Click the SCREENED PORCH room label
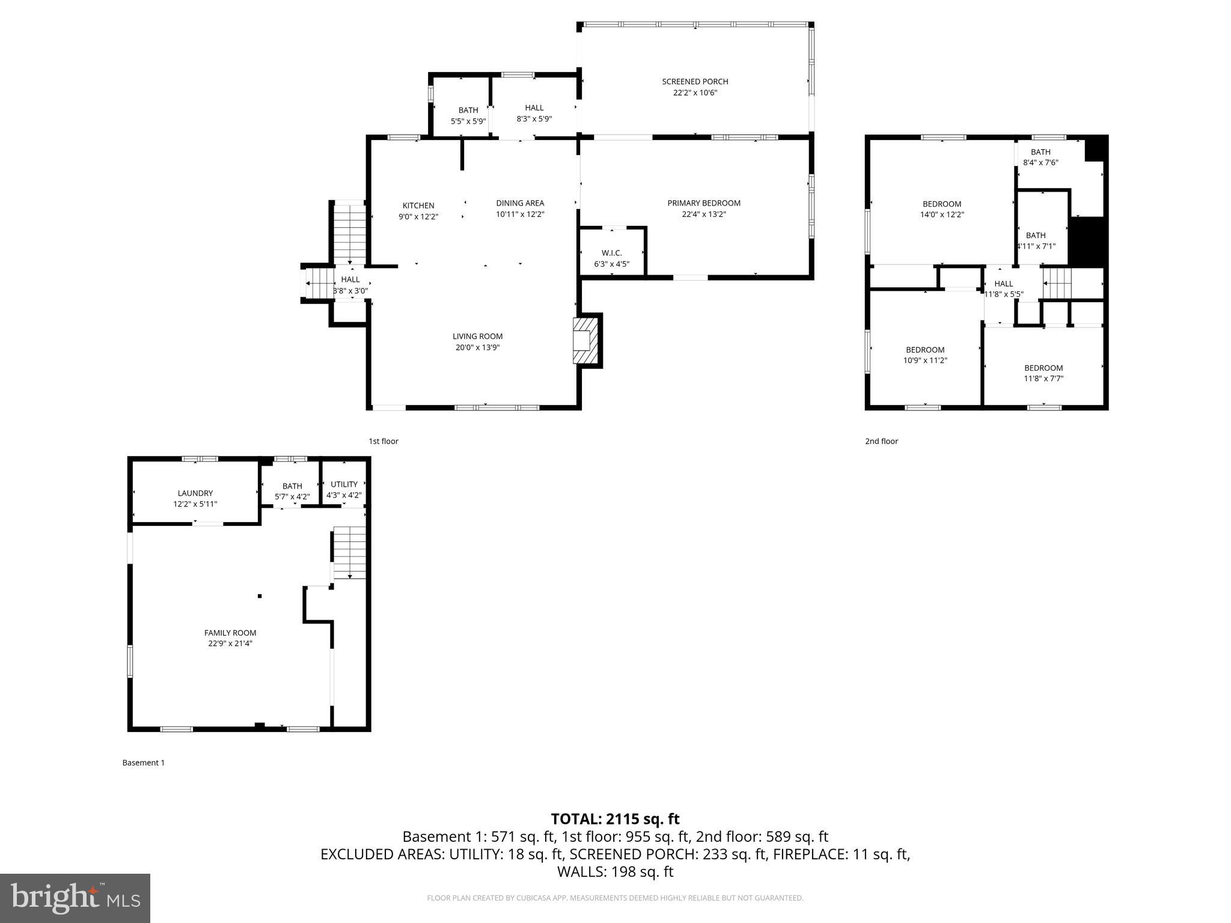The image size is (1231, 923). tap(695, 82)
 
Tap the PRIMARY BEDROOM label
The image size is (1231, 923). tap(704, 203)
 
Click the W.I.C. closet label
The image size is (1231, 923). tap(611, 253)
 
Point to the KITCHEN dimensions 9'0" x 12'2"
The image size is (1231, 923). tap(418, 217)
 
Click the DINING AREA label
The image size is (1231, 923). tap(520, 203)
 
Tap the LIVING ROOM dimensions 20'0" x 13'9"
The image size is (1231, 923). tap(477, 347)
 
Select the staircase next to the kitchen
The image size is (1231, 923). tap(349, 231)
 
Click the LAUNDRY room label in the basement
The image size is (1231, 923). tap(195, 493)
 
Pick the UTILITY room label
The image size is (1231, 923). tap(344, 484)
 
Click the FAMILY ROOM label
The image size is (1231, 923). tap(230, 633)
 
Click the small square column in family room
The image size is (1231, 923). tap(260, 596)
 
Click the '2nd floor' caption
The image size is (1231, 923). tap(881, 441)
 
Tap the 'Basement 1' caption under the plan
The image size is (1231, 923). tap(143, 763)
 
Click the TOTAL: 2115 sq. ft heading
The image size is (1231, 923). tap(615, 819)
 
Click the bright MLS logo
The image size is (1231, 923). tap(75, 898)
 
